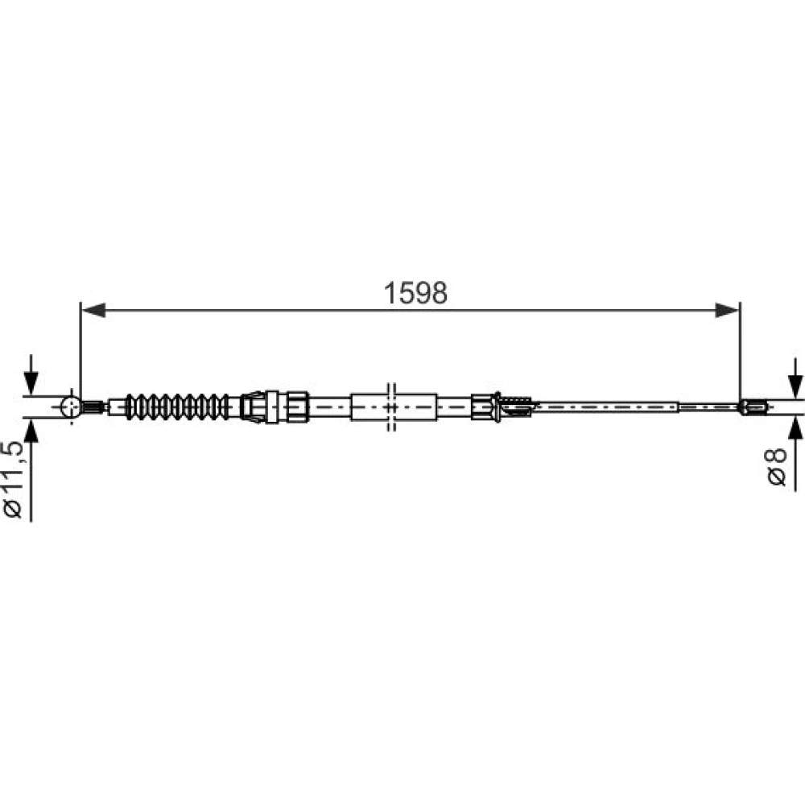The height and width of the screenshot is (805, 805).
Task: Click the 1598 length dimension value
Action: pos(415,293)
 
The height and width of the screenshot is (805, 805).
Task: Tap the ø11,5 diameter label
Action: pos(14,478)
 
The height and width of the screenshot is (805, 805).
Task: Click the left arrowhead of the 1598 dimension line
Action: pos(94,310)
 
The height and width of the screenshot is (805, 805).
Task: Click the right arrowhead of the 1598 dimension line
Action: pos(727,310)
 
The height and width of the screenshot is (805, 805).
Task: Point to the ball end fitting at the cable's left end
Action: pos(71,407)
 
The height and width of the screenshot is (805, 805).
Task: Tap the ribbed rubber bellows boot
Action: pos(178,407)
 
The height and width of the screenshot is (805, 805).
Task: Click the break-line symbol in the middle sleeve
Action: pos(391,407)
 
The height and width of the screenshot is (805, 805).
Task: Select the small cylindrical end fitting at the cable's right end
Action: pos(753,407)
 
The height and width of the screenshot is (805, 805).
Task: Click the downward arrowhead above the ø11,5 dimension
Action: pos(31,382)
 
